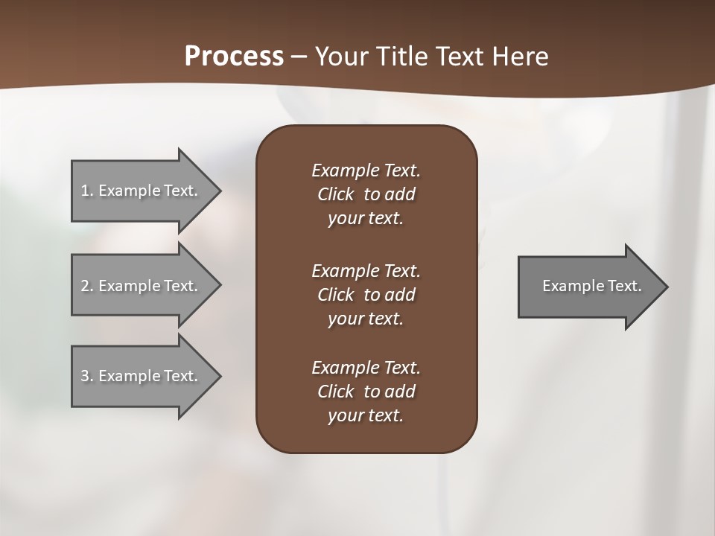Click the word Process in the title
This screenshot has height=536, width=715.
point(234,57)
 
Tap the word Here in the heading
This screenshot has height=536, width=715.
point(519,57)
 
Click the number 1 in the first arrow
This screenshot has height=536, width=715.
point(85,191)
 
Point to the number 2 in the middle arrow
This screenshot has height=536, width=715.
point(85,286)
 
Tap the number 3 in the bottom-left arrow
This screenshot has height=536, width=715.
point(85,376)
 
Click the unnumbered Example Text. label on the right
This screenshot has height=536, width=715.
point(591,286)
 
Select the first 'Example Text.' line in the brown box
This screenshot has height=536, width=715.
point(366,170)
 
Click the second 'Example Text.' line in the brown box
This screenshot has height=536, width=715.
point(366,270)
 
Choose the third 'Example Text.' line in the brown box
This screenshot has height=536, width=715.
point(366,368)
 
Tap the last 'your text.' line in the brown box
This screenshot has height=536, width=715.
point(366,416)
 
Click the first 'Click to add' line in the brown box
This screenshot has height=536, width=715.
point(366,194)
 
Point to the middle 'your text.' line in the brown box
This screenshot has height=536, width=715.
point(366,319)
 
